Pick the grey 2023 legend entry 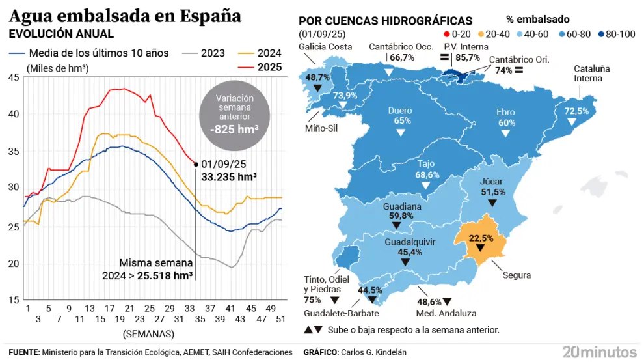point(205,53)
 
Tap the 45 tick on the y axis point(14,78)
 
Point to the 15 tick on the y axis point(14,300)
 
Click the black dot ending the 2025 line point(196,164)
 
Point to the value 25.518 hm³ point(167,275)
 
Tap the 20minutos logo point(599,352)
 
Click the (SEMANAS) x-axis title point(148,333)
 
